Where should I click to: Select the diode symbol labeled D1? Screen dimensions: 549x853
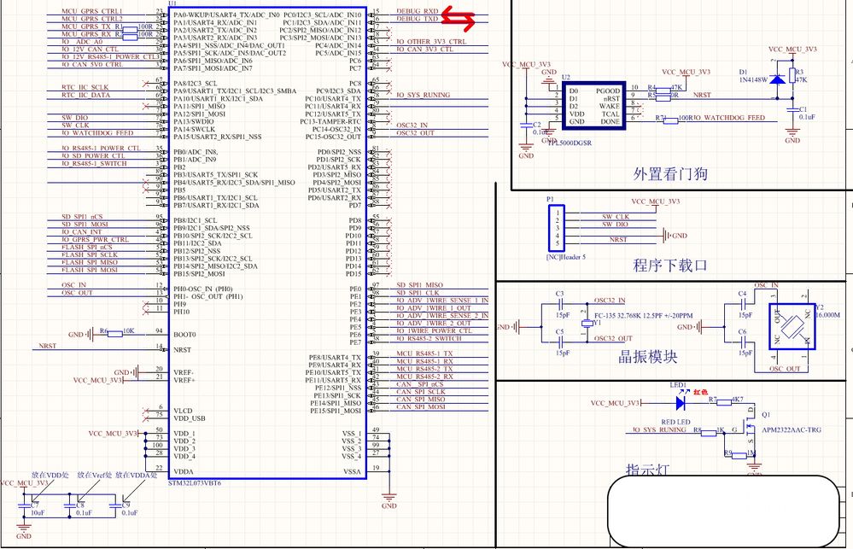776,79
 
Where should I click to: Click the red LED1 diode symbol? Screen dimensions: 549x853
681,401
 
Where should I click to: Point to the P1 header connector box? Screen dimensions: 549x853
556,228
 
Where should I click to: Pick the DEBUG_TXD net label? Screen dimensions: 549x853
418,18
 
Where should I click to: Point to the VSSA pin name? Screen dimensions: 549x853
352,471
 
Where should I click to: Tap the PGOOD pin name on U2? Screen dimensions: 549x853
608,90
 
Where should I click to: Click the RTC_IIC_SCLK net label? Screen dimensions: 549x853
85,87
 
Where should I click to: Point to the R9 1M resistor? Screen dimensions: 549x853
730,453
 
